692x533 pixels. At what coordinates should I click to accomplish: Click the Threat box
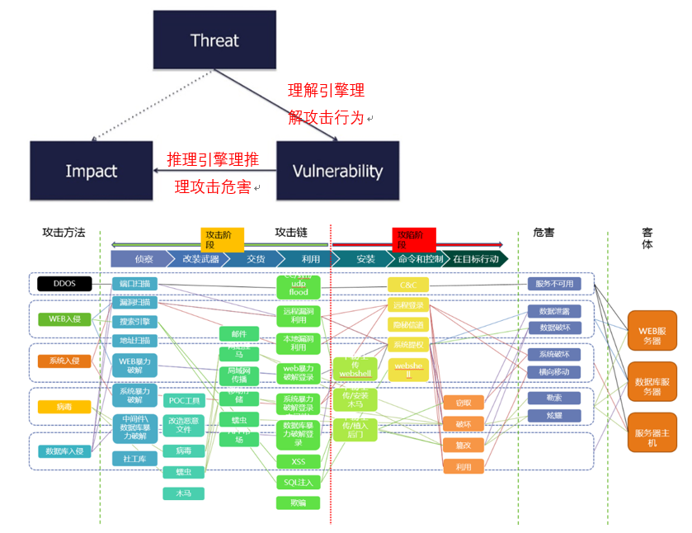coord(214,40)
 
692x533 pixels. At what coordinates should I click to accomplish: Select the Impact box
coord(92,171)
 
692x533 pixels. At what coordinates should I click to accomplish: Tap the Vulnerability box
coord(337,171)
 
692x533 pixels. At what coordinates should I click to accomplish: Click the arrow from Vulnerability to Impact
coord(214,171)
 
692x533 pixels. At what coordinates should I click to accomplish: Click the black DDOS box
coord(64,283)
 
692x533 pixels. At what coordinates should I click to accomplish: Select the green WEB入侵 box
coord(64,318)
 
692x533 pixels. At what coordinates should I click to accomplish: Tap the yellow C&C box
coord(408,285)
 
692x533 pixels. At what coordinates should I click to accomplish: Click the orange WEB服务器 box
coord(652,330)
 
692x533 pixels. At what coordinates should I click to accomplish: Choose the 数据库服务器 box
coord(652,381)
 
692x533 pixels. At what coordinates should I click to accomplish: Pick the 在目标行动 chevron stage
coord(475,259)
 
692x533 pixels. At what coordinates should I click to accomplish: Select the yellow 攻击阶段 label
coord(223,239)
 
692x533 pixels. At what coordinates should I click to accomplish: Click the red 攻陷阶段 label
coord(412,239)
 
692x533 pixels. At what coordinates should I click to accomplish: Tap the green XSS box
coord(299,461)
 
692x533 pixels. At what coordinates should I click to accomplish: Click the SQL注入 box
coord(299,482)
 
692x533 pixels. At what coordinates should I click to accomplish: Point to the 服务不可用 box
coord(554,284)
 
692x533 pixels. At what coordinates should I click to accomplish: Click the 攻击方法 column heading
coord(64,233)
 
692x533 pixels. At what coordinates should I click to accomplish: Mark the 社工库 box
coord(134,458)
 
